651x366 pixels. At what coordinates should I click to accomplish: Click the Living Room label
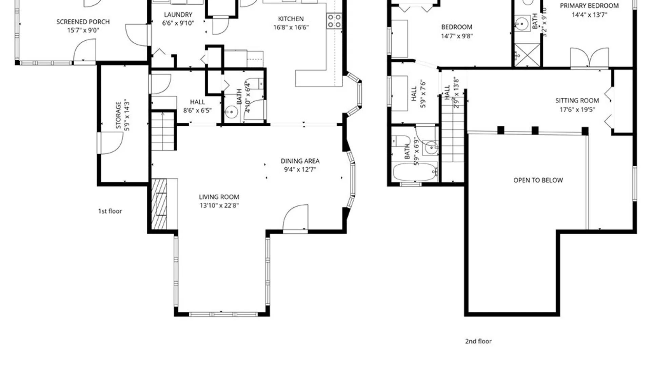[x=219, y=197]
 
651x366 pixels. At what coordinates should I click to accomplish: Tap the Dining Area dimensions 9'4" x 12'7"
[x=300, y=169]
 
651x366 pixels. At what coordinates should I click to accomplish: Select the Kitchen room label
[x=291, y=19]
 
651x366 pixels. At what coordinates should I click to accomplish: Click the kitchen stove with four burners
[x=334, y=21]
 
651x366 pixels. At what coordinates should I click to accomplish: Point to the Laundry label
[x=178, y=15]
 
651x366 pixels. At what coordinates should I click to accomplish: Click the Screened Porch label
[x=83, y=22]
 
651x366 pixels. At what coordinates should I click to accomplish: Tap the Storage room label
[x=118, y=115]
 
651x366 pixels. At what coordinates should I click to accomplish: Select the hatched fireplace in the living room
[x=159, y=204]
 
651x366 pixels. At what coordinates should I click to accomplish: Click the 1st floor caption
[x=110, y=211]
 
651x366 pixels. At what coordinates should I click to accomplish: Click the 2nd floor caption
[x=478, y=341]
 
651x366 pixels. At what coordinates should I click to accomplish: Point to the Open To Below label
[x=538, y=180]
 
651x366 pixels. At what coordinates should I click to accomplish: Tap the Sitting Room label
[x=577, y=101]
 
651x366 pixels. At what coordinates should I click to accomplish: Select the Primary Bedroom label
[x=589, y=6]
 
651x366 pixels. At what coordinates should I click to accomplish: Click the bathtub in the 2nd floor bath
[x=415, y=172]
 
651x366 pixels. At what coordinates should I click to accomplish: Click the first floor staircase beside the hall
[x=163, y=131]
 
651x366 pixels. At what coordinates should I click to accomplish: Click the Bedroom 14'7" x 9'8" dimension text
[x=457, y=36]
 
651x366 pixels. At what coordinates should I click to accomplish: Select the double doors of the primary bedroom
[x=590, y=58]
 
